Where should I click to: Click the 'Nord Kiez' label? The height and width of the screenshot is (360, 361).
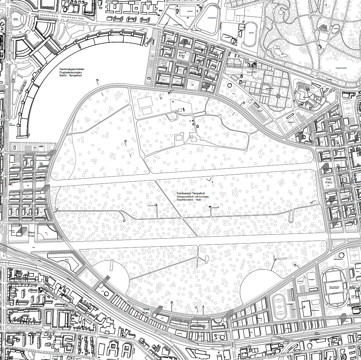coord(182,54)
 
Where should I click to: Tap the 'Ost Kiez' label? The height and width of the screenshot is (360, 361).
coord(328,181)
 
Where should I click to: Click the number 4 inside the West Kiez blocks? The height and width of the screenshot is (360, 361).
coord(27,214)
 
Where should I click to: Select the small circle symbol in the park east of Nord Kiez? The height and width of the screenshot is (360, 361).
coord(230,85)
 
